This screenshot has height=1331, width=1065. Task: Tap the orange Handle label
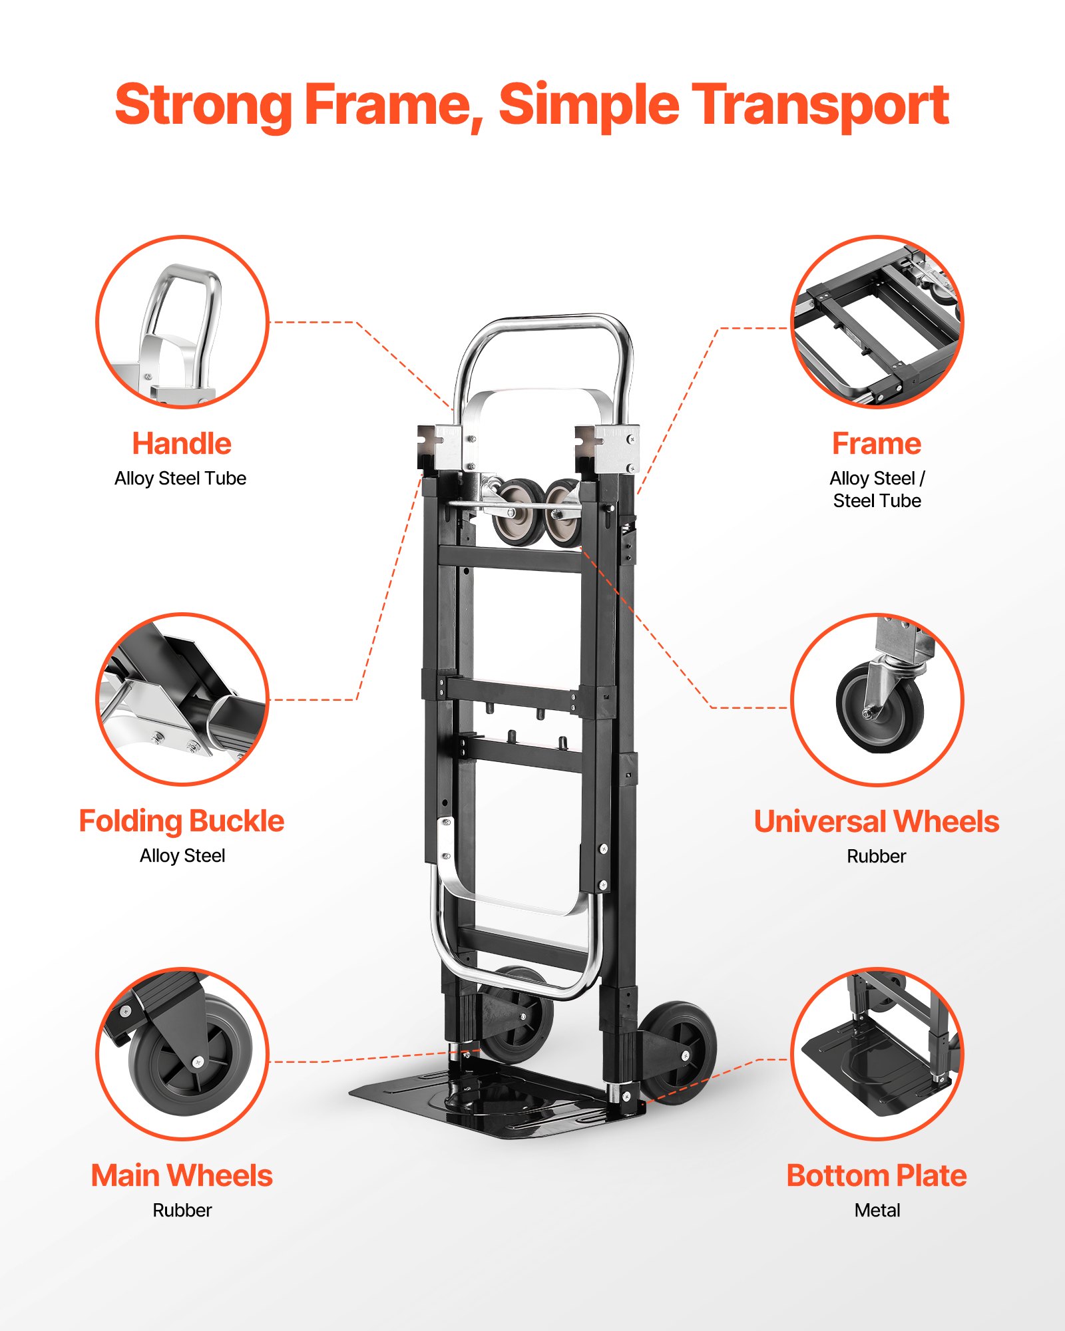click(x=182, y=444)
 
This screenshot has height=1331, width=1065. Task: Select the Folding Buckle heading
click(x=182, y=821)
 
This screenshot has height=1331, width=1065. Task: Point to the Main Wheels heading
click(x=182, y=1176)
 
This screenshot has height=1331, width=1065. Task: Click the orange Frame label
click(x=877, y=444)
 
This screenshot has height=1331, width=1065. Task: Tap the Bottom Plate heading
click(x=877, y=1176)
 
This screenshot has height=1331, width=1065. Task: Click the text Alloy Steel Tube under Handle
click(x=180, y=478)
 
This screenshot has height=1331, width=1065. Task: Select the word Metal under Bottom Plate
click(x=877, y=1211)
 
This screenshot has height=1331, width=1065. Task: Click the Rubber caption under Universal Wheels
click(x=877, y=856)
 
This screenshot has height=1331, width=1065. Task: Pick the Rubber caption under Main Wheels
click(x=182, y=1211)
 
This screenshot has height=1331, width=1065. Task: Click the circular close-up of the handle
click(x=182, y=321)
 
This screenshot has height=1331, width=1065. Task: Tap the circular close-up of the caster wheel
click(x=877, y=699)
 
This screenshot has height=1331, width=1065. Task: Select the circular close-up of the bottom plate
click(x=877, y=1054)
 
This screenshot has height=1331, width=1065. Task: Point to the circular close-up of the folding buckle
click(x=182, y=699)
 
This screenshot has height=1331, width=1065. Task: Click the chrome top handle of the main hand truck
click(x=542, y=325)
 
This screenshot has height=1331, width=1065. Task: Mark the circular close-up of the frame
click(x=877, y=321)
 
